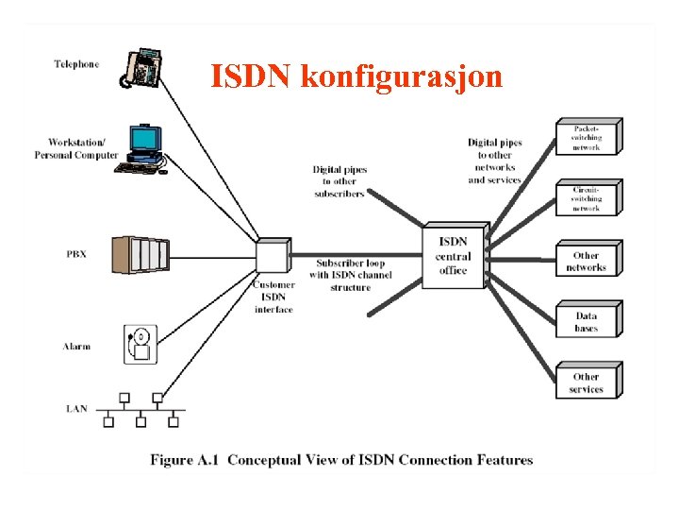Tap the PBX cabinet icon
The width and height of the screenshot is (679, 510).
(140, 253)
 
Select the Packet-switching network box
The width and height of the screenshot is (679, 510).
(586, 137)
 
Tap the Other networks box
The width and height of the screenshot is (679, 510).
(586, 261)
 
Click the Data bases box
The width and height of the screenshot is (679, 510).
(586, 321)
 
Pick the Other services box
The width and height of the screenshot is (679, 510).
(586, 382)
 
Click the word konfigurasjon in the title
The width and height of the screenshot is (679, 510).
(402, 76)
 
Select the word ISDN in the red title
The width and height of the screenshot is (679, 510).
(251, 76)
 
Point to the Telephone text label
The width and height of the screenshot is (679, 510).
(76, 64)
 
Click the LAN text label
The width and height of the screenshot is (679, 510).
(77, 409)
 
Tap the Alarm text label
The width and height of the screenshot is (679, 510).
(76, 347)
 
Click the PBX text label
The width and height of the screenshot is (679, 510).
(76, 254)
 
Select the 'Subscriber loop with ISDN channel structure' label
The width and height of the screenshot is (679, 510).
(350, 274)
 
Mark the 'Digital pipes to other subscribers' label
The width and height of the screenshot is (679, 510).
(339, 181)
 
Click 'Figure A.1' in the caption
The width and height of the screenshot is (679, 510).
(185, 460)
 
